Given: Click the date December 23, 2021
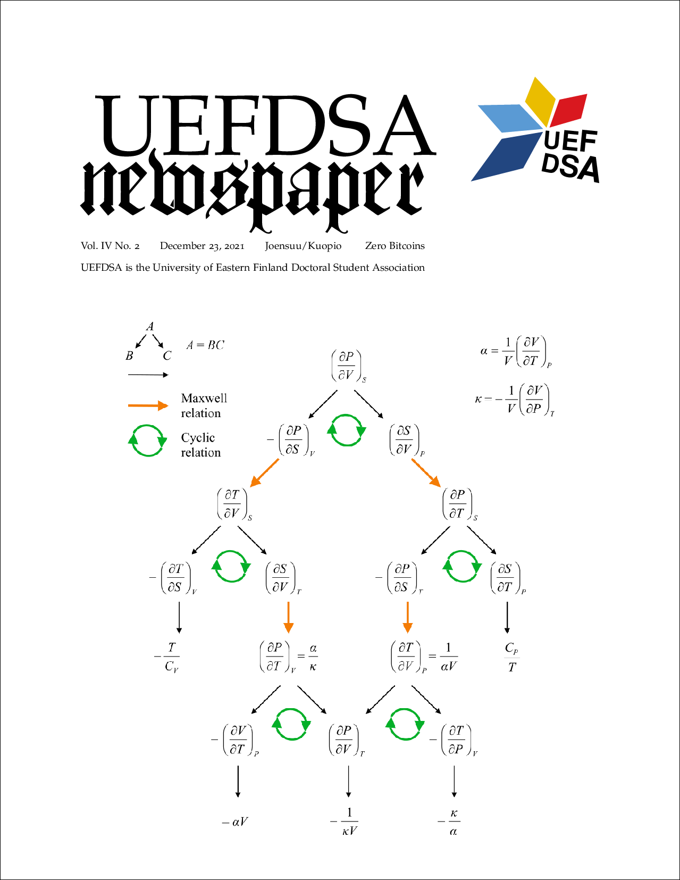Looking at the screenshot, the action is click(x=202, y=246).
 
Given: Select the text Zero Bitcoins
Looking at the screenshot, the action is click(x=395, y=246).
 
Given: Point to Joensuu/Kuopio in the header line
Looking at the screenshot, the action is click(x=303, y=246).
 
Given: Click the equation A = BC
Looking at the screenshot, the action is click(x=205, y=345).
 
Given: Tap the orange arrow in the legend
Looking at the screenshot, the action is click(x=148, y=405).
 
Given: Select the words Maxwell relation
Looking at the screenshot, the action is click(x=204, y=405).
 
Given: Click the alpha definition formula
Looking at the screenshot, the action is click(x=516, y=351).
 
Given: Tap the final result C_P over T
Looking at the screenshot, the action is click(x=511, y=657).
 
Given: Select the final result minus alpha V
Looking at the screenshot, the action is click(x=234, y=821).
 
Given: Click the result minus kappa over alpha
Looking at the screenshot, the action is click(x=449, y=822).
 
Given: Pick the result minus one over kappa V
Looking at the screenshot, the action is click(x=344, y=821).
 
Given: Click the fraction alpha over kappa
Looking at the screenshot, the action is click(x=313, y=657).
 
